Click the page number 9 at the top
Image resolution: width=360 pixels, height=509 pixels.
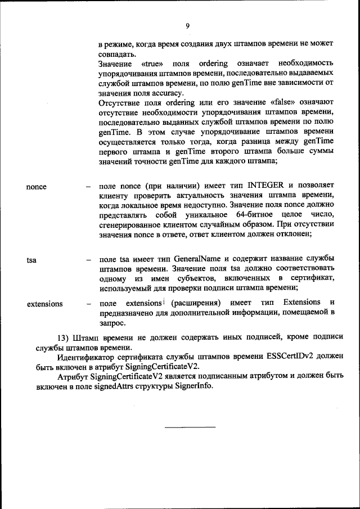pos(187,25)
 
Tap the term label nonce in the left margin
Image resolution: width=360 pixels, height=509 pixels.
pos(37,187)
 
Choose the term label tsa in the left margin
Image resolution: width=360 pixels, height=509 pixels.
pos(33,260)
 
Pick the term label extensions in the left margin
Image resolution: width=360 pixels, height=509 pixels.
pos(45,304)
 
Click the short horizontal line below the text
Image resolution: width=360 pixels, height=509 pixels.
pos(190,427)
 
